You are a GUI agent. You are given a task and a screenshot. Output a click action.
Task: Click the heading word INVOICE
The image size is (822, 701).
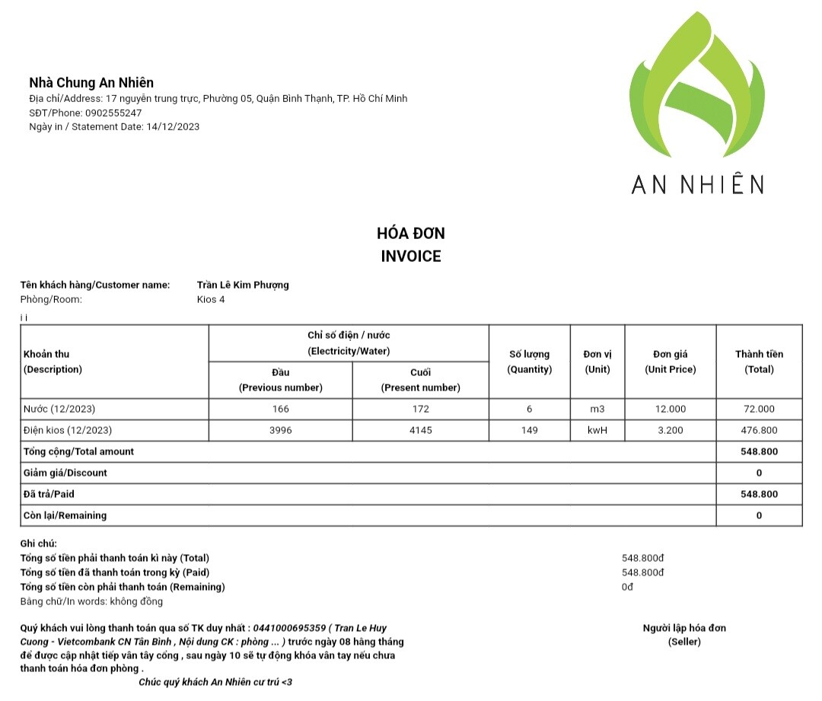pos(411,257)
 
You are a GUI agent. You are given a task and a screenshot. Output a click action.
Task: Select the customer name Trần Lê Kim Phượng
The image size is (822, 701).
pos(243,285)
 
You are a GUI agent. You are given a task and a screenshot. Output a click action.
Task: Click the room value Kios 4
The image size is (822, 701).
pos(211,299)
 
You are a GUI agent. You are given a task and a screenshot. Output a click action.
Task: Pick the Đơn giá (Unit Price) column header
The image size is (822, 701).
pos(670,362)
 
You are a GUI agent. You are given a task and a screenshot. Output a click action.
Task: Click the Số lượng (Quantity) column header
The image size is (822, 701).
pos(529,362)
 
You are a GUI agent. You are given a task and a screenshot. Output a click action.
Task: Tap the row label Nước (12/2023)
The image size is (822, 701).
pos(59,409)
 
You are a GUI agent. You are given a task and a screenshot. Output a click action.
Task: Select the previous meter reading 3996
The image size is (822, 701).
pos(280,430)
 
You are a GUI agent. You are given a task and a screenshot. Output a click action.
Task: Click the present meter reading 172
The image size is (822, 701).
pos(420,409)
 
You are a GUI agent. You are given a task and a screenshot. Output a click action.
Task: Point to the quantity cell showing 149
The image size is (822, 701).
pos(529,430)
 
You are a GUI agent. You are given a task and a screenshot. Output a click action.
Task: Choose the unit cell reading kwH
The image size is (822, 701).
pos(597,430)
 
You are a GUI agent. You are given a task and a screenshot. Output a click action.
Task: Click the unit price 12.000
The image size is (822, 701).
pos(670,409)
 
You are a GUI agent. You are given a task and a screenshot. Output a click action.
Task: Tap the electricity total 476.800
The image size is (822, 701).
pos(759,430)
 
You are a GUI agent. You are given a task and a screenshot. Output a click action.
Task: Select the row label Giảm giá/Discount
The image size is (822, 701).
pos(65,473)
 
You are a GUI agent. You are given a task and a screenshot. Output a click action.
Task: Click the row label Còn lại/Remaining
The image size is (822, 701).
pos(65,515)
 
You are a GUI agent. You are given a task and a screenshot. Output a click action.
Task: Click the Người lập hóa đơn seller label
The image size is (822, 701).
pos(684,628)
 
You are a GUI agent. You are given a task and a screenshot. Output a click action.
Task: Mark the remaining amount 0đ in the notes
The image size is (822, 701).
pos(627,587)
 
